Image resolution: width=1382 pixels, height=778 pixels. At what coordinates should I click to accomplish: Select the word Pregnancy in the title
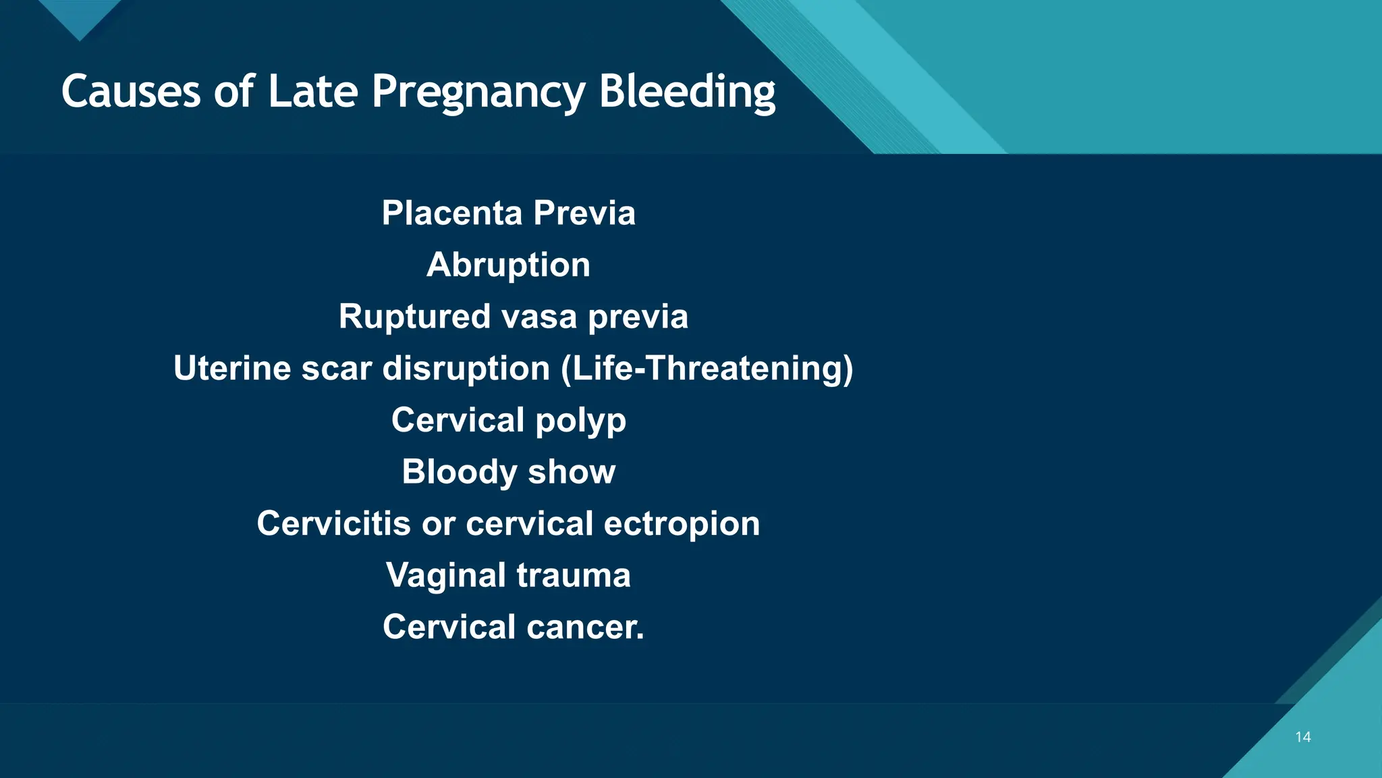478,93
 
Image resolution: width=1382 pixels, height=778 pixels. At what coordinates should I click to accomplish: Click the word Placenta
452,213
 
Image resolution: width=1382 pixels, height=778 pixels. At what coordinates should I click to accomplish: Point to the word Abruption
508,265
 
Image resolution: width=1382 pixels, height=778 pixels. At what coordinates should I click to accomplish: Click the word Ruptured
414,317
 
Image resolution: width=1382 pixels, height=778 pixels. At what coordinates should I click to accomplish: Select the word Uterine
231,369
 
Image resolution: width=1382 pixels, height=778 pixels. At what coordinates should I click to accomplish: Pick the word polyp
580,421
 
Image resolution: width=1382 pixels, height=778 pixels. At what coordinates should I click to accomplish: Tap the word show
572,472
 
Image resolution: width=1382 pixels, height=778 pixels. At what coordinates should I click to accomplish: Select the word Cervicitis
333,524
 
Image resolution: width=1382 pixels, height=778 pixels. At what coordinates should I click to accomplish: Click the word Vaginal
445,576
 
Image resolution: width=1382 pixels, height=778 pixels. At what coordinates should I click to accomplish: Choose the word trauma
574,576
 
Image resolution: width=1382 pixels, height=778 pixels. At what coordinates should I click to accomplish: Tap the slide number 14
1303,737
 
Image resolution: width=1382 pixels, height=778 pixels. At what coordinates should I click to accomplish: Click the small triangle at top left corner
80,16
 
